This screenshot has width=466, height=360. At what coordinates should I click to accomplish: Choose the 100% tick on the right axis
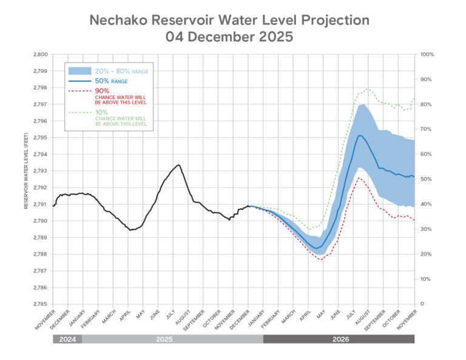[x=427, y=55]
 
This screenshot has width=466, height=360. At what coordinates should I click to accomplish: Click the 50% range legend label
[x=110, y=81]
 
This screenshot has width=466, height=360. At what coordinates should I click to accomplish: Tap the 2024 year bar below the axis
[x=67, y=339]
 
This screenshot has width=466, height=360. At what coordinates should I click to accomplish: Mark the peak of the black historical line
[x=178, y=165]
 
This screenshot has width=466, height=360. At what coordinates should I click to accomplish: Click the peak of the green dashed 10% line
[x=367, y=89]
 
